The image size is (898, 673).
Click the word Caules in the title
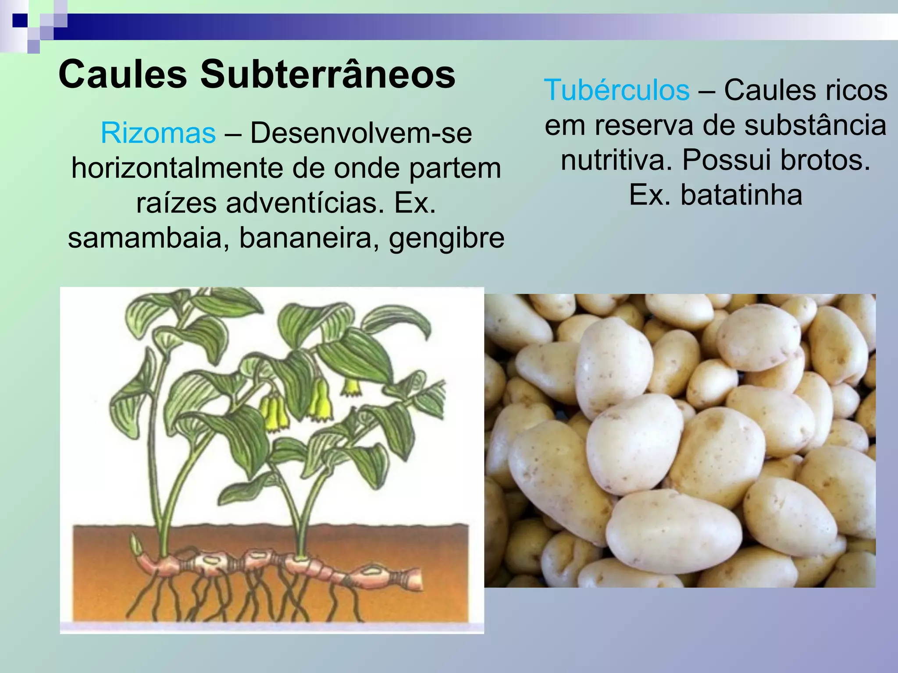tap(122, 74)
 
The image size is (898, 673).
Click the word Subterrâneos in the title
tap(328, 74)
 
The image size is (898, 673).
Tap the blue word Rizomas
tap(158, 133)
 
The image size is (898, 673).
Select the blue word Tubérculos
tap(616, 90)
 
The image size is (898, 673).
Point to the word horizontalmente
tap(177, 168)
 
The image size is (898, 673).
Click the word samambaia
tap(145, 238)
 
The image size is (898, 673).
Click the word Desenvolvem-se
tap(361, 133)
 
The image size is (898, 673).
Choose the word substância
tap(816, 125)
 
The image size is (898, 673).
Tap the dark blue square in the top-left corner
tap(20, 20)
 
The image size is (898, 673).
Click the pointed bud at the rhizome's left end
tap(136, 546)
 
